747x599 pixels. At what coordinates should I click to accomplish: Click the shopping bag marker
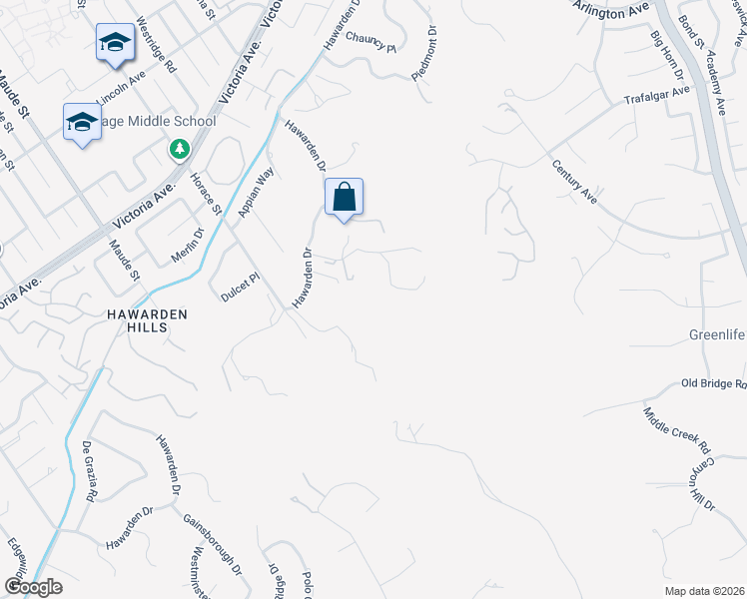click(x=344, y=198)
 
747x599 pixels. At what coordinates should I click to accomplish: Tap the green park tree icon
click(x=179, y=150)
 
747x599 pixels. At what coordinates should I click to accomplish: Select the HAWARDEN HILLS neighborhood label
click(x=148, y=319)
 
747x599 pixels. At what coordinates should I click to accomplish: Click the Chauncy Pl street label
click(x=372, y=41)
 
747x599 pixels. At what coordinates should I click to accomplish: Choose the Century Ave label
click(x=574, y=182)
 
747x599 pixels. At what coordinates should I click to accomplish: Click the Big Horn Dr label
click(x=666, y=57)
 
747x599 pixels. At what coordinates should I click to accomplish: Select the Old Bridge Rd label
click(x=713, y=383)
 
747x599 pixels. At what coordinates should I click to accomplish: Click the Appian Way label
click(x=257, y=193)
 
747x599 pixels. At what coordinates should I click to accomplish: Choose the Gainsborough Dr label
click(x=213, y=545)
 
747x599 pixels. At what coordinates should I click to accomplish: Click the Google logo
click(x=33, y=587)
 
